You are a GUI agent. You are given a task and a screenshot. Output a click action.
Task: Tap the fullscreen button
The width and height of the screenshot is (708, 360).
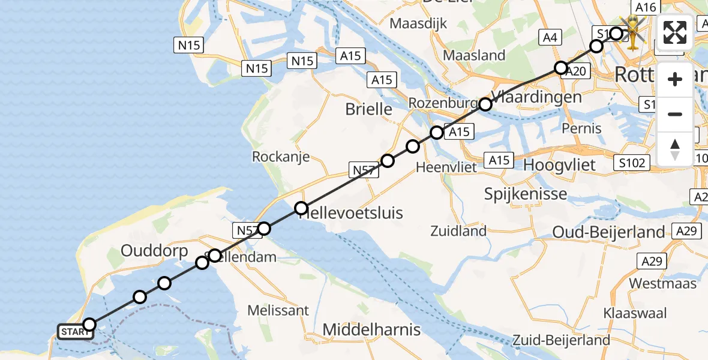click(x=675, y=32)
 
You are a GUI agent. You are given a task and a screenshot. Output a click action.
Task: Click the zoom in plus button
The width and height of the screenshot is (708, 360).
click(x=675, y=80)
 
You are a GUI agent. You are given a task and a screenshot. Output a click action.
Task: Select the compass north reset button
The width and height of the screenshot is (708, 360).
click(x=675, y=149)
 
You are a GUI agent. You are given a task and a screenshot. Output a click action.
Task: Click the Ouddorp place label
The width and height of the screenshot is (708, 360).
click(x=154, y=251)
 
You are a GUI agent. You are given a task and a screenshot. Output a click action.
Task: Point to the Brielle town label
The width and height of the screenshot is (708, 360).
click(x=369, y=109)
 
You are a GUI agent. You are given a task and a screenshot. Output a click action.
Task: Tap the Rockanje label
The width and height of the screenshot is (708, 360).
click(x=281, y=157)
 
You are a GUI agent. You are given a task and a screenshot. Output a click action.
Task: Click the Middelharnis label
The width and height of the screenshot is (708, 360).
click(x=371, y=329)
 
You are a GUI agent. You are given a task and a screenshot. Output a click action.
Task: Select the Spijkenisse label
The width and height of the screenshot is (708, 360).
click(x=526, y=194)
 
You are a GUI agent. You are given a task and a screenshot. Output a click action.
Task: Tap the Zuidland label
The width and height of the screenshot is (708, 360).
click(x=458, y=230)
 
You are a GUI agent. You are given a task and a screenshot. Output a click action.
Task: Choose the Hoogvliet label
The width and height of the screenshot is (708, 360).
click(x=559, y=165)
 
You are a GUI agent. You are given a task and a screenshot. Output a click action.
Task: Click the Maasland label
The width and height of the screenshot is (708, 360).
click(x=474, y=55)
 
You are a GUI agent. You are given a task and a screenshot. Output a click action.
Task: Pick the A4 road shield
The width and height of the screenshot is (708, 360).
click(x=550, y=37)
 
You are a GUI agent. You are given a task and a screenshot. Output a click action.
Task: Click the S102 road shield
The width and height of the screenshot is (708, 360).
click(x=632, y=163)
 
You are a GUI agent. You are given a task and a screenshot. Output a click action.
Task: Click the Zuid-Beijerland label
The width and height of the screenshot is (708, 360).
click(x=566, y=340)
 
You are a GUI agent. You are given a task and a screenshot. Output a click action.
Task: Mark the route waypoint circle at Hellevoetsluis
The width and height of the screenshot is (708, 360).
click(x=301, y=209)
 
